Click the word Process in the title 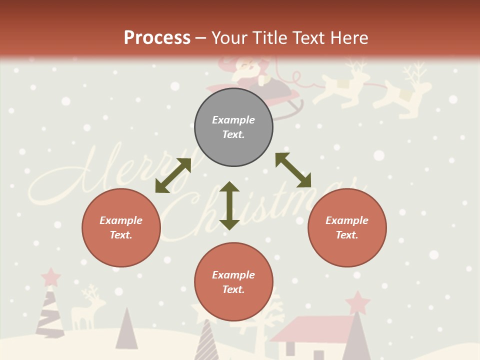[157, 37]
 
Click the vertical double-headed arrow [229, 205]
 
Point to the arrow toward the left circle [173, 175]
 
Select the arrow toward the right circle [293, 170]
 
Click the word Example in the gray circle [233, 120]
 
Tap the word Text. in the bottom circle [233, 289]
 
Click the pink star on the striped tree [50, 276]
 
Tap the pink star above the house [357, 302]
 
